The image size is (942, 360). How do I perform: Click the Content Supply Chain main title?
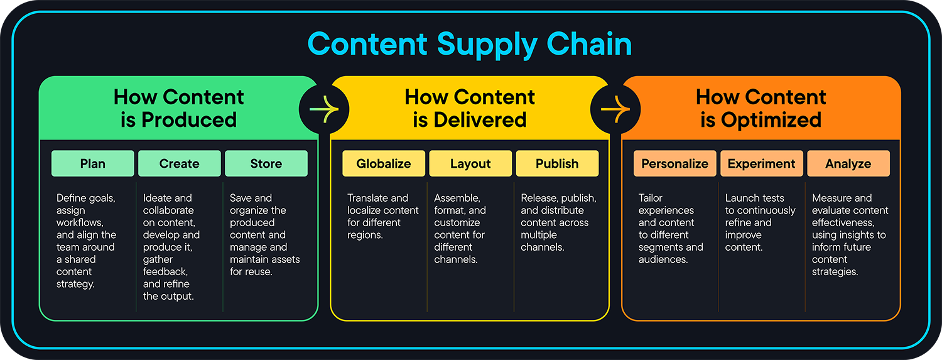click(x=470, y=45)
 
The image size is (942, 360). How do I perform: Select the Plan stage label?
click(x=92, y=163)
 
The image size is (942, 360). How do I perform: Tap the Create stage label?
click(x=179, y=163)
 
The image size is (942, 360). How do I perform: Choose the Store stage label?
click(x=266, y=163)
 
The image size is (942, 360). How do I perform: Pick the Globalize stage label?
click(x=383, y=163)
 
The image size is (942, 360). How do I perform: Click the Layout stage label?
click(x=470, y=163)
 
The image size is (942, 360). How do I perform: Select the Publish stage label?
click(x=557, y=163)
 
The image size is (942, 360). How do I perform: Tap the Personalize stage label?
click(x=674, y=163)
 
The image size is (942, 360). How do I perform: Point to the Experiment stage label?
click(x=761, y=163)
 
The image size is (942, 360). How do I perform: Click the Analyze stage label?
click(x=848, y=163)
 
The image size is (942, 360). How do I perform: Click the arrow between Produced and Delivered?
click(x=324, y=109)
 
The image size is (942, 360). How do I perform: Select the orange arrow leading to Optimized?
click(x=615, y=109)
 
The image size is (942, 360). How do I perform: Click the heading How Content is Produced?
click(x=178, y=108)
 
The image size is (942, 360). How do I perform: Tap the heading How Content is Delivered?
click(x=470, y=108)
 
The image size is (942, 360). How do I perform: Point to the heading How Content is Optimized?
click(x=761, y=108)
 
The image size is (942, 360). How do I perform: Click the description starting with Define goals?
click(x=87, y=241)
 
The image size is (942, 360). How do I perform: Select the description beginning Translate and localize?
click(x=382, y=216)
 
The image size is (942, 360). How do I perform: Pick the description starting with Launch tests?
click(x=760, y=222)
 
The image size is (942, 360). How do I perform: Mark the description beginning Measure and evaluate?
click(x=850, y=234)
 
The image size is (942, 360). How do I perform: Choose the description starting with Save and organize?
click(x=264, y=234)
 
